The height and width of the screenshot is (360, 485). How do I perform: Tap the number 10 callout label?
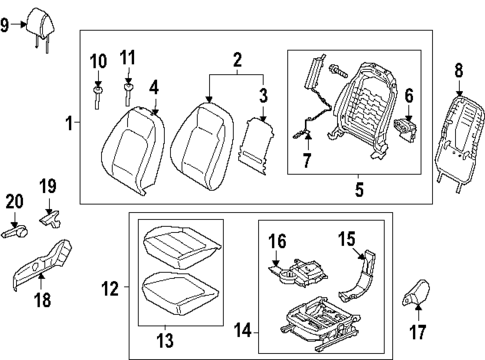[97, 62]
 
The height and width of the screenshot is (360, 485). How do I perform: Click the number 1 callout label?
[69, 124]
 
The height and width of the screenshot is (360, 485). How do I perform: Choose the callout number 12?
[112, 291]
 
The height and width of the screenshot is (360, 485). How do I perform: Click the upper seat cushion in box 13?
[177, 244]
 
